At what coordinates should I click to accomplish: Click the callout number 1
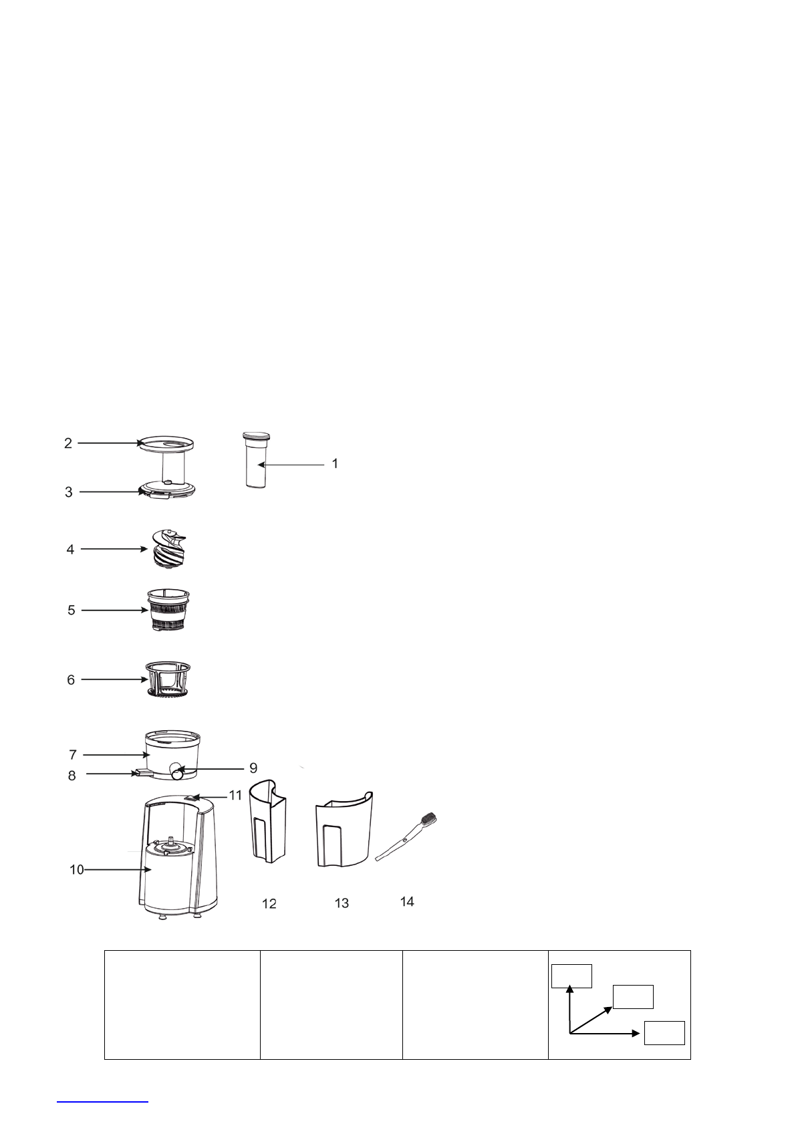(x=336, y=463)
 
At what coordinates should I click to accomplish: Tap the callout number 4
(x=70, y=550)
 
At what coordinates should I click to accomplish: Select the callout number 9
(x=253, y=768)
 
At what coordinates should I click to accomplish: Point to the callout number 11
(x=236, y=795)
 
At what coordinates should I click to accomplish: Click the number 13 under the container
(x=342, y=903)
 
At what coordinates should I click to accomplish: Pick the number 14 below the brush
(x=407, y=902)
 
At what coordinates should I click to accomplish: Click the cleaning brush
(x=406, y=836)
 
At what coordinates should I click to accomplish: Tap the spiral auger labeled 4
(x=168, y=548)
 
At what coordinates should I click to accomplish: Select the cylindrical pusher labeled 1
(x=256, y=459)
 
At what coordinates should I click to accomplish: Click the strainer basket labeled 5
(x=168, y=610)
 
